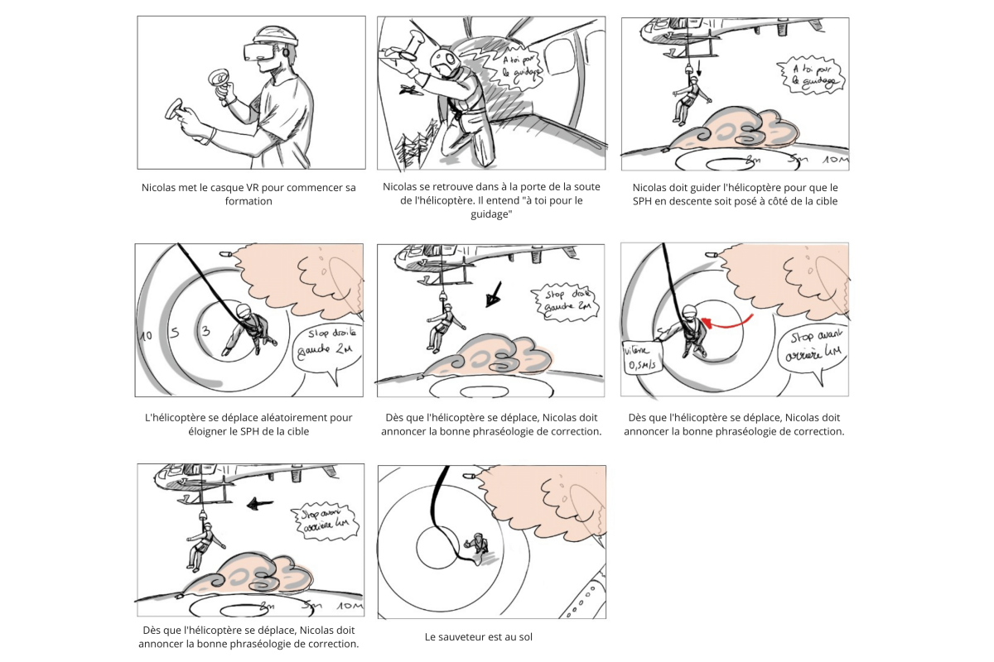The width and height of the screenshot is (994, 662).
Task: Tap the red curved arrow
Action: [729, 321]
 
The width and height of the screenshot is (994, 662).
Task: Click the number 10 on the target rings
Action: [146, 336]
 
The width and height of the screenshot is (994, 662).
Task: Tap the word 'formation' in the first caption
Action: [248, 201]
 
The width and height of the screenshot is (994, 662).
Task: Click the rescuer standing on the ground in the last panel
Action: [476, 544]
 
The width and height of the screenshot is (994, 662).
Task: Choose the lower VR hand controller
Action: [176, 109]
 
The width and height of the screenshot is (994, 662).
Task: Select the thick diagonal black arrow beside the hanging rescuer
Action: [495, 291]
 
